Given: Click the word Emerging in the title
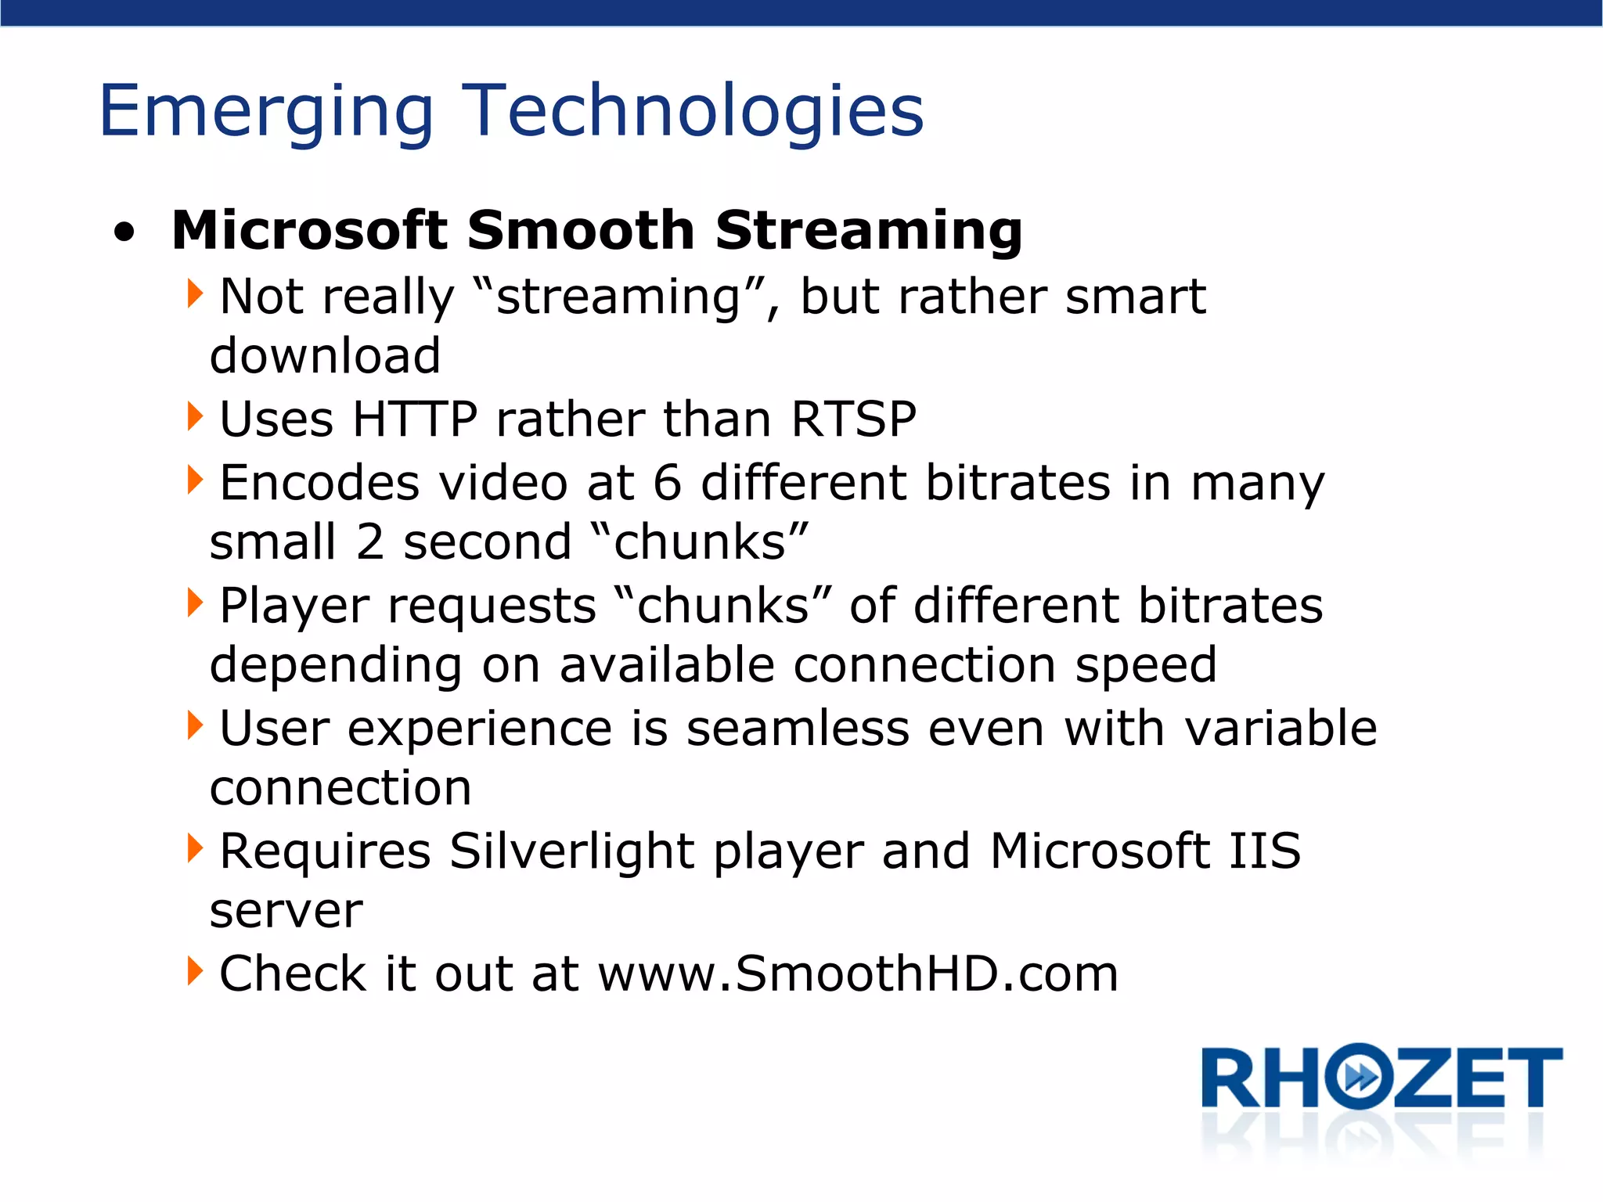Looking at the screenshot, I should [x=266, y=111].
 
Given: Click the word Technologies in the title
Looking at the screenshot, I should [x=693, y=111].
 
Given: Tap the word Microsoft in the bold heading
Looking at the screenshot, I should [x=309, y=231].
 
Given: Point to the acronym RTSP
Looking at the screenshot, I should [x=853, y=419].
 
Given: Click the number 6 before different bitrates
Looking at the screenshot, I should [x=667, y=482].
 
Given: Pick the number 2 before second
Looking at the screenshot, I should [x=370, y=542].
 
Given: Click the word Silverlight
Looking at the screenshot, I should [x=571, y=851].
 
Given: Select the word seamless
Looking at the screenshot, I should [x=798, y=728].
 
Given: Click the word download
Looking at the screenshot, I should [x=325, y=355].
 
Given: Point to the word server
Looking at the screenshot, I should [x=286, y=911].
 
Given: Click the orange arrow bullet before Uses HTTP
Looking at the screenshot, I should [x=195, y=416].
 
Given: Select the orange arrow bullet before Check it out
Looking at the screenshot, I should [x=195, y=971].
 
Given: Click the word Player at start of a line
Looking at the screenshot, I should [x=294, y=606].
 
